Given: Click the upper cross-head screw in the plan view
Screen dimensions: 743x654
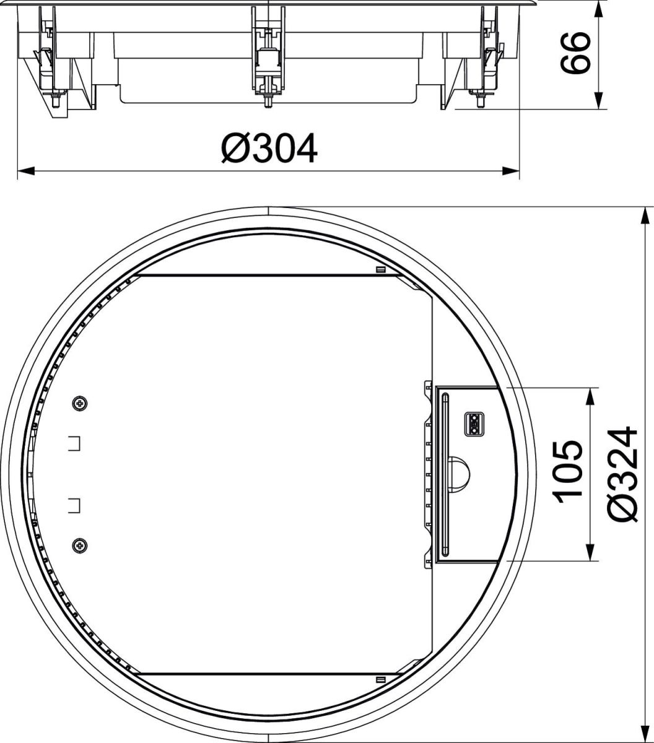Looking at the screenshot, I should pyautogui.click(x=79, y=404).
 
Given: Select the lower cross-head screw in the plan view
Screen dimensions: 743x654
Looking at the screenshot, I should pyautogui.click(x=79, y=545).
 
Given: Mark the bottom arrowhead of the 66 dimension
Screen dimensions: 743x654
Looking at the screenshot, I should pyautogui.click(x=598, y=102).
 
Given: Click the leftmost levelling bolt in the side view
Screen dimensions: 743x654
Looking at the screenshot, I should pyautogui.click(x=56, y=99).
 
